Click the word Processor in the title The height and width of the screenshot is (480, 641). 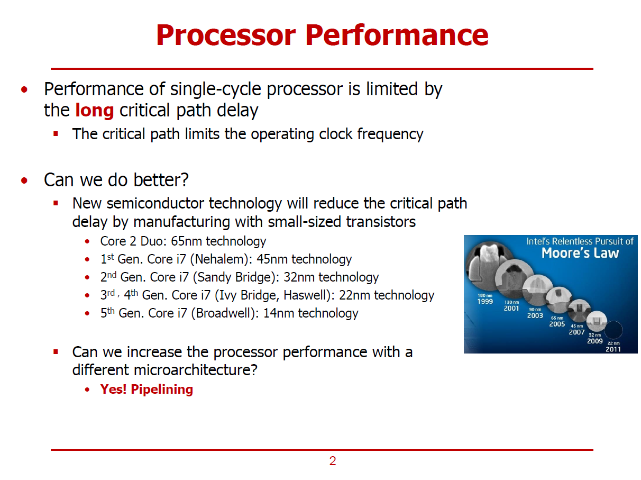coord(226,35)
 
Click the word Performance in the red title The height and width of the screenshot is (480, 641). coord(397,35)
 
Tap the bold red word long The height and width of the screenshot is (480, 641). coord(94,111)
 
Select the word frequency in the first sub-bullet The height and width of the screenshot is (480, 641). coord(390,134)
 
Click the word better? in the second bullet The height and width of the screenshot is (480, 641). coord(161,180)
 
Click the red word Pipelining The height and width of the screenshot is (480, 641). coord(162,390)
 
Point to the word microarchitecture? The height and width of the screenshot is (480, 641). coord(196,370)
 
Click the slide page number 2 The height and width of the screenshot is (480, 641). coord(333,461)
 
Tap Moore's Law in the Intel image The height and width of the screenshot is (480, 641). coord(580,253)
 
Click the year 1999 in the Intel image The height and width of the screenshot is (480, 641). coord(485,302)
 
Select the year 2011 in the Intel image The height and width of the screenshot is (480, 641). coord(613,349)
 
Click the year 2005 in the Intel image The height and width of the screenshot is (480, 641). coord(557,324)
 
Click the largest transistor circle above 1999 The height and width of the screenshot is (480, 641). coord(489,265)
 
